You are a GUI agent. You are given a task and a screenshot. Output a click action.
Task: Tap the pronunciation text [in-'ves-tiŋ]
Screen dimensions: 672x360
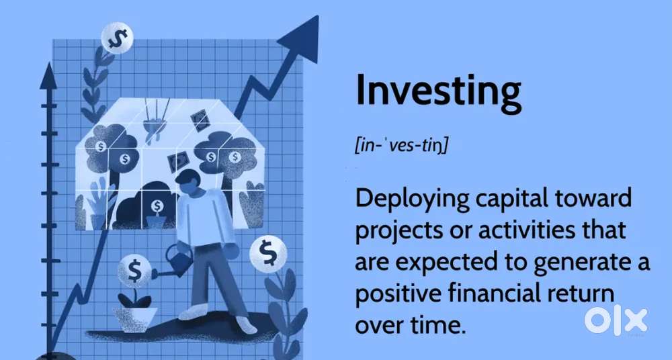402,145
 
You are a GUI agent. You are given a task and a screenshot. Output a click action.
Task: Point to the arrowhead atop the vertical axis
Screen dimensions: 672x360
48,77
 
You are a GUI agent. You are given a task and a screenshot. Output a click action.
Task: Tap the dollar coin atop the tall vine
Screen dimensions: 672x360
118,38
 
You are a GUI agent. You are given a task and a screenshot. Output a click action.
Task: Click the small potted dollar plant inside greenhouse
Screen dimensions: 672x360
157,214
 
